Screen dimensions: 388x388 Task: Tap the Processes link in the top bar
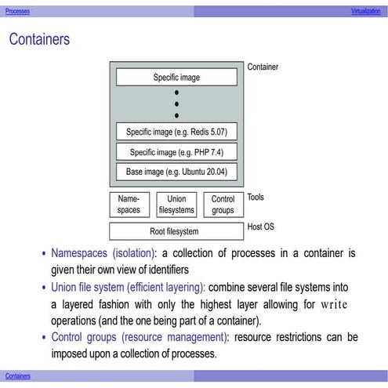pos(17,13)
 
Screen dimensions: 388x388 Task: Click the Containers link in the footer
pos(17,376)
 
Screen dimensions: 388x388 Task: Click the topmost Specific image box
pos(176,78)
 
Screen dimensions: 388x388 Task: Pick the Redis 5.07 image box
pos(176,132)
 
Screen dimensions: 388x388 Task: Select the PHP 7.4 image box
pos(176,151)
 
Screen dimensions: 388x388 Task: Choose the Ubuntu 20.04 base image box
pos(176,171)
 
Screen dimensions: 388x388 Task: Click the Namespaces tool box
pos(129,205)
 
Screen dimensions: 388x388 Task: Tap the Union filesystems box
pos(176,205)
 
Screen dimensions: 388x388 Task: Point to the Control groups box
pos(223,205)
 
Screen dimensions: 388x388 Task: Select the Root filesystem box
pos(174,231)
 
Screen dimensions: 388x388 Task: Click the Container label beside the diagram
pos(263,67)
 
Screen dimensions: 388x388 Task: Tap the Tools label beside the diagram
pos(256,198)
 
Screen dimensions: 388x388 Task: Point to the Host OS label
pos(260,226)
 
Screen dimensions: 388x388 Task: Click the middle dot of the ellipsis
pos(176,103)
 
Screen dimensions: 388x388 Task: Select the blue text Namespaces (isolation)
pos(103,254)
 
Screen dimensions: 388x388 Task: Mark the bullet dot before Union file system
pos(44,288)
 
